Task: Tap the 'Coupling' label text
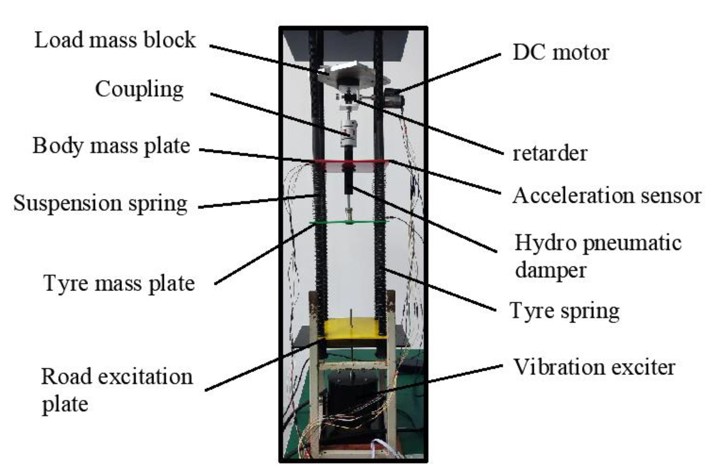click(139, 89)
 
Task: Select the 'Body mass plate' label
click(111, 146)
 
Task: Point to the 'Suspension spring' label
click(100, 203)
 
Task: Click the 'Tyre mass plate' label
click(119, 283)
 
